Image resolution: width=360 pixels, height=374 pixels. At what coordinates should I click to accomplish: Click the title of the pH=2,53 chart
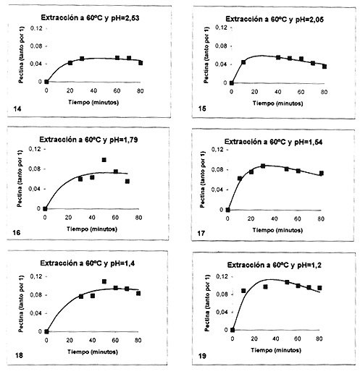pyautogui.click(x=90, y=18)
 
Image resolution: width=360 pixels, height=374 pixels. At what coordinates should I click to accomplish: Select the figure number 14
pyautogui.click(x=17, y=109)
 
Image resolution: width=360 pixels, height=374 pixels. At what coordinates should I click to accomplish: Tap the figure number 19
pyautogui.click(x=202, y=356)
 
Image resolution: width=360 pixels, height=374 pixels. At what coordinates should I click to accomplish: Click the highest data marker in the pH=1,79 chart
pyautogui.click(x=104, y=160)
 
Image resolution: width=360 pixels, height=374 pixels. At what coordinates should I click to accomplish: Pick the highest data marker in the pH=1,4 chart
pyautogui.click(x=104, y=281)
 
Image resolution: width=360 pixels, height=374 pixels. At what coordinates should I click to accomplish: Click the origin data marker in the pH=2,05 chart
pyautogui.click(x=232, y=83)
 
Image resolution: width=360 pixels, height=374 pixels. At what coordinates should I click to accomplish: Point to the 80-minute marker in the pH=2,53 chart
pyautogui.click(x=141, y=63)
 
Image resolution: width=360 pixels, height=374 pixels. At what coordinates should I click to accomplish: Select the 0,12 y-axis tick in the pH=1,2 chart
pyautogui.click(x=222, y=276)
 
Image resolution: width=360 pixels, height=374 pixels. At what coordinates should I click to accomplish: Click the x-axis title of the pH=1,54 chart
pyautogui.click(x=277, y=230)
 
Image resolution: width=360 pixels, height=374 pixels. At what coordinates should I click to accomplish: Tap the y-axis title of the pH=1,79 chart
pyautogui.click(x=20, y=179)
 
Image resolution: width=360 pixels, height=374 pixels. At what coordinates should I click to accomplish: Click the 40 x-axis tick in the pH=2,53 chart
pyautogui.click(x=93, y=91)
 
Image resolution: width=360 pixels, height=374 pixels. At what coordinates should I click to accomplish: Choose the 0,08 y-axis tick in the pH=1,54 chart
pyautogui.click(x=217, y=170)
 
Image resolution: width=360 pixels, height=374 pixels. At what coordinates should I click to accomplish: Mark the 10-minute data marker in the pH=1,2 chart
pyautogui.click(x=243, y=291)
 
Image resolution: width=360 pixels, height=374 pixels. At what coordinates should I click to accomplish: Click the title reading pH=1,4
pyautogui.click(x=88, y=263)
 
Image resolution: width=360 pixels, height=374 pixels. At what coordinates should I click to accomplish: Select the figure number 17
pyautogui.click(x=201, y=234)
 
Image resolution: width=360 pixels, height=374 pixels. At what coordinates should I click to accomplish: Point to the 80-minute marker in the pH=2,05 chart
pyautogui.click(x=325, y=67)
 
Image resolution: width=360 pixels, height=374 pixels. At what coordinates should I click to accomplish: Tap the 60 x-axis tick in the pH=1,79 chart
pyautogui.click(x=115, y=218)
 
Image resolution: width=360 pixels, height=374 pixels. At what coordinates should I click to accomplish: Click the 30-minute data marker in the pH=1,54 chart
pyautogui.click(x=263, y=166)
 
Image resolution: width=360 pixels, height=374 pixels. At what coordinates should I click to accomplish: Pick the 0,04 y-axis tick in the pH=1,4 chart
pyautogui.click(x=35, y=313)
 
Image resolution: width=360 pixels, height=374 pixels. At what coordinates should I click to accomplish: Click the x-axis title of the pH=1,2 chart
pyautogui.click(x=276, y=350)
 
